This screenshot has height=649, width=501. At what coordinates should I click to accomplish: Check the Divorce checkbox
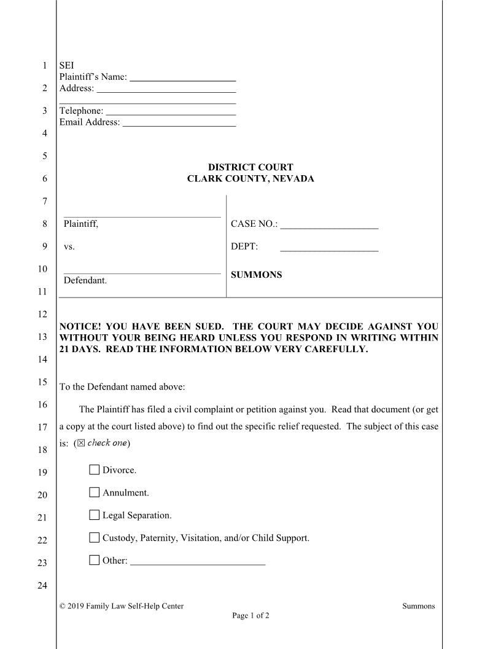94,470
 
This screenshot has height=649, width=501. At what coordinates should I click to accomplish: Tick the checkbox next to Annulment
94,492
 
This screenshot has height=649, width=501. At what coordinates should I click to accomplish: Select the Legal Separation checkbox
94,515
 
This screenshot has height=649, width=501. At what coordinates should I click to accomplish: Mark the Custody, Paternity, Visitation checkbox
94,538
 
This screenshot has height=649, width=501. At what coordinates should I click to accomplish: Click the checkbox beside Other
94,560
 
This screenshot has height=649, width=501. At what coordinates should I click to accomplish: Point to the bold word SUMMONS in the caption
256,275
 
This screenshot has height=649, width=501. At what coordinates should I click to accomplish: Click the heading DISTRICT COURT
251,167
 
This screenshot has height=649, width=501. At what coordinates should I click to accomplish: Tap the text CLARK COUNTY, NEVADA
251,179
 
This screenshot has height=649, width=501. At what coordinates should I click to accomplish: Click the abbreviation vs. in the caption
69,247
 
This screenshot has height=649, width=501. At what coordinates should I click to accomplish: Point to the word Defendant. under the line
85,280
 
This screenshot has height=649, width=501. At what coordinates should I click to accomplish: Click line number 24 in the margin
42,585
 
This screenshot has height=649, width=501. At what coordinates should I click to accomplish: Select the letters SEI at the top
66,65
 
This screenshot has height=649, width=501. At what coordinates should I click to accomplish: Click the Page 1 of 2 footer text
251,615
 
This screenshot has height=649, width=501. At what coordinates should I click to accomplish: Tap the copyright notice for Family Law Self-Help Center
122,606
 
